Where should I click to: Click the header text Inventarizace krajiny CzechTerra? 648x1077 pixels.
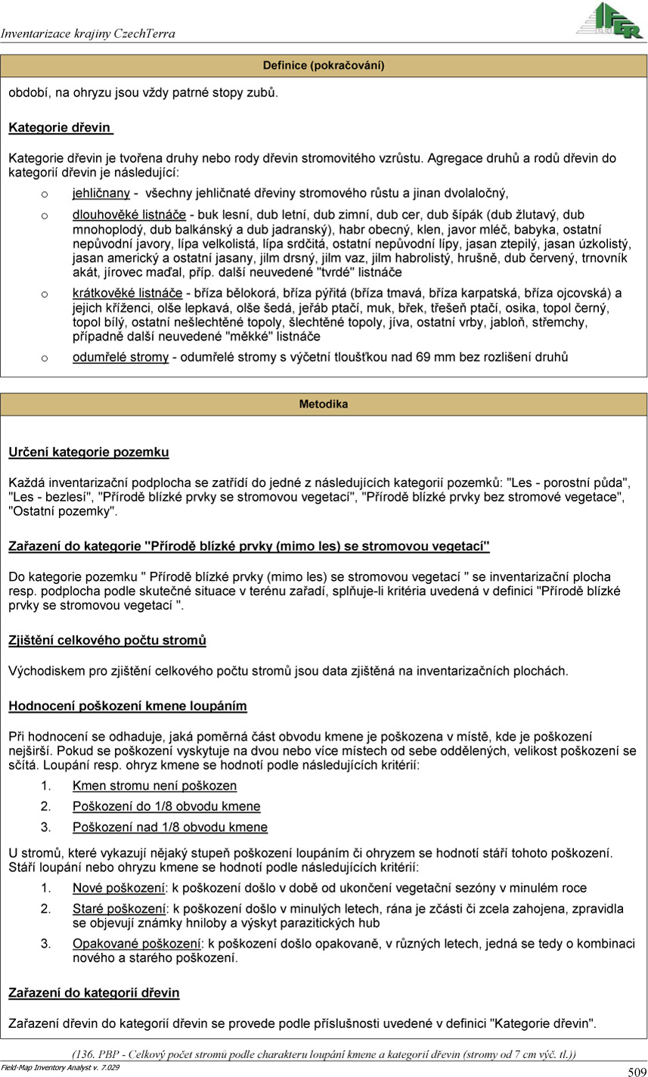click(x=88, y=33)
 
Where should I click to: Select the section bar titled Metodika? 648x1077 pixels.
click(x=324, y=405)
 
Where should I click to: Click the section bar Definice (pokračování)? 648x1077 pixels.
click(x=324, y=66)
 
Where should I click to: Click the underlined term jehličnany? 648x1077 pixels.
click(x=101, y=193)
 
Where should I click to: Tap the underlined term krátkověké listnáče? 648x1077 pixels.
click(x=127, y=293)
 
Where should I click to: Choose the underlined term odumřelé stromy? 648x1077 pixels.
click(x=120, y=357)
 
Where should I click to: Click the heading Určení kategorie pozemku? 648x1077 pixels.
click(x=88, y=452)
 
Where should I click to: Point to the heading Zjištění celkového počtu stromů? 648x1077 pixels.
click(x=107, y=641)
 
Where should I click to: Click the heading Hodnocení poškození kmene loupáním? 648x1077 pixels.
click(x=128, y=706)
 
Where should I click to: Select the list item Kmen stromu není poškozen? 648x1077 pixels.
click(x=154, y=786)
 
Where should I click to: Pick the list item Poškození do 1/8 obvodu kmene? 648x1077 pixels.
click(x=166, y=806)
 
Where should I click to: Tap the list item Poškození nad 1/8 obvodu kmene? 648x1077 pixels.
click(x=169, y=827)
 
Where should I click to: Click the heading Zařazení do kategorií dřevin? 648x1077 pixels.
click(x=94, y=992)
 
